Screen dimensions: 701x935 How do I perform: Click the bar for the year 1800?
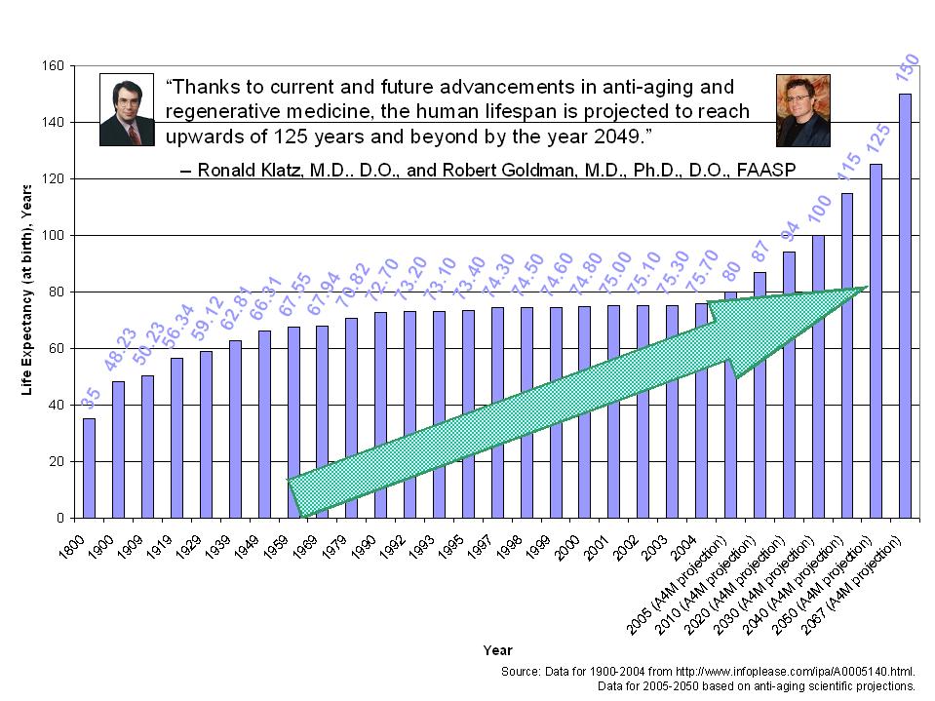[x=89, y=468]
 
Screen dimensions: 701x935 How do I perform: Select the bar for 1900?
[x=118, y=448]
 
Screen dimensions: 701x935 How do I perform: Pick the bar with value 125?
[x=876, y=341]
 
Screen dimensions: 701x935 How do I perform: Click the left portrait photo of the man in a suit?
[x=127, y=109]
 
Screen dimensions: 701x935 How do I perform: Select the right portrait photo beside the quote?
[x=802, y=110]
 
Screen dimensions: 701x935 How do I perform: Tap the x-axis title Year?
[x=497, y=650]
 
